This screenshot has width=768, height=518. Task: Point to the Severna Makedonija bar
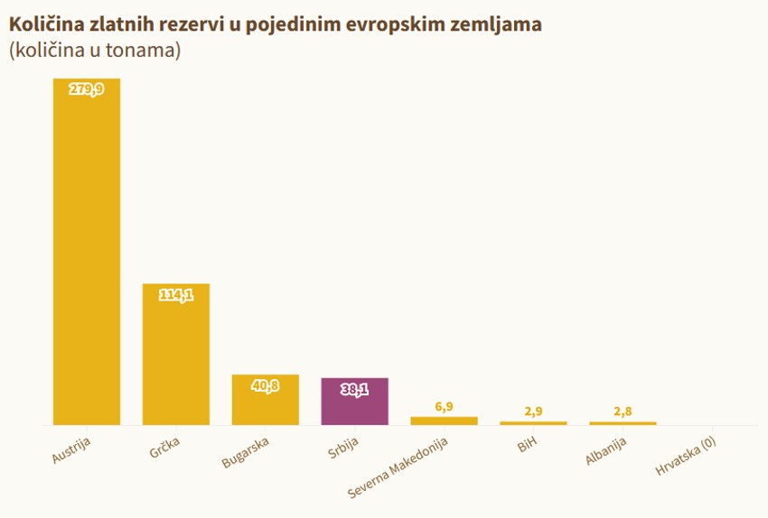(444, 421)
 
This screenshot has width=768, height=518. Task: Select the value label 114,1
(176, 294)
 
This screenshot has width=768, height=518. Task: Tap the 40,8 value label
(265, 385)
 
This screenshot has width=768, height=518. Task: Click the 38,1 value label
(354, 389)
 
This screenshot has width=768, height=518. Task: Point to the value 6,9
(444, 407)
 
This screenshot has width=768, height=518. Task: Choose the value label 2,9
(533, 412)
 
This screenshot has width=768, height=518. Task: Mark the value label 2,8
(623, 412)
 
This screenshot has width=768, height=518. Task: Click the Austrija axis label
(72, 449)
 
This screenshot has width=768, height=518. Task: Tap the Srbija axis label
(343, 447)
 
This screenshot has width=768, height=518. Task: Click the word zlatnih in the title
(122, 24)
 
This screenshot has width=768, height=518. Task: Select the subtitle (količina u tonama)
(95, 51)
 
